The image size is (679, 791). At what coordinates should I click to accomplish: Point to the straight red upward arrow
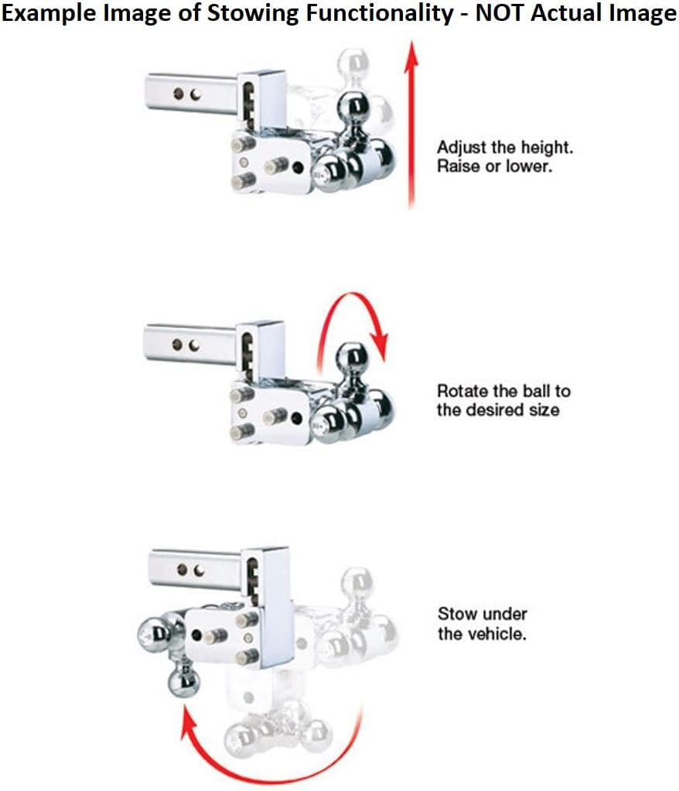[412, 124]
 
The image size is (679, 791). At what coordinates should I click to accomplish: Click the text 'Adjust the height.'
[505, 147]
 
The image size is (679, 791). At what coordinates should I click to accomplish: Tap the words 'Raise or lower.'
[494, 166]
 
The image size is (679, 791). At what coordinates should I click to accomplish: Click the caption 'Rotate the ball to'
[503, 391]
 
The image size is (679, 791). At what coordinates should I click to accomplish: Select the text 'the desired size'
[498, 409]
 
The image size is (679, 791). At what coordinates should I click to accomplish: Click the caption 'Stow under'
[483, 614]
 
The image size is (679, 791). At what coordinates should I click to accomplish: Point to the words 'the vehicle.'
[482, 633]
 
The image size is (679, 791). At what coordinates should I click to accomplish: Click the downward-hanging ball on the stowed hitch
[183, 680]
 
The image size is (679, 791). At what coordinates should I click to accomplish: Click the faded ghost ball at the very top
[355, 62]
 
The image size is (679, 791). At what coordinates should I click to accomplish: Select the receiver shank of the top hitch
[192, 94]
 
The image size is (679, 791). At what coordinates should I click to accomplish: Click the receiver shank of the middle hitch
[190, 345]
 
